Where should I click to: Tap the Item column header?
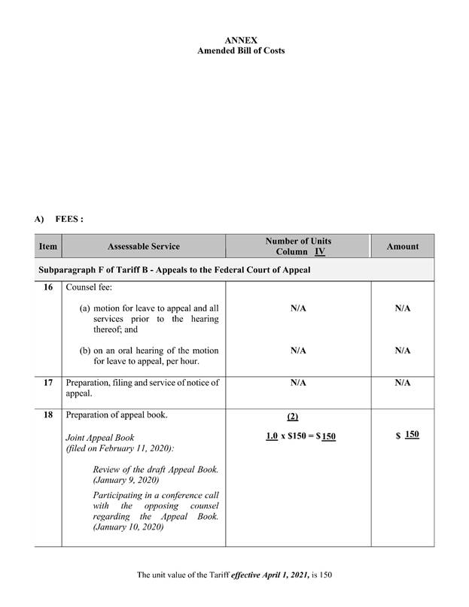click(47, 246)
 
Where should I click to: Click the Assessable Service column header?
click(144, 246)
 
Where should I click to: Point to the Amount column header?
click(402, 246)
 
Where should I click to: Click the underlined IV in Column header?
click(320, 251)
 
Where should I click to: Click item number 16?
click(47, 287)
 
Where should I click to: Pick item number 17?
click(47, 383)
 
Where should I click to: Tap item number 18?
click(47, 414)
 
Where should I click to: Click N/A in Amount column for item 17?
click(402, 383)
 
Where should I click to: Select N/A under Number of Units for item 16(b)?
click(298, 351)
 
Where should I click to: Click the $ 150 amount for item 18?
click(407, 436)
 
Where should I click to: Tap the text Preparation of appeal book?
click(115, 414)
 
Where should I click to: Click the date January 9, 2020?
click(126, 479)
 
